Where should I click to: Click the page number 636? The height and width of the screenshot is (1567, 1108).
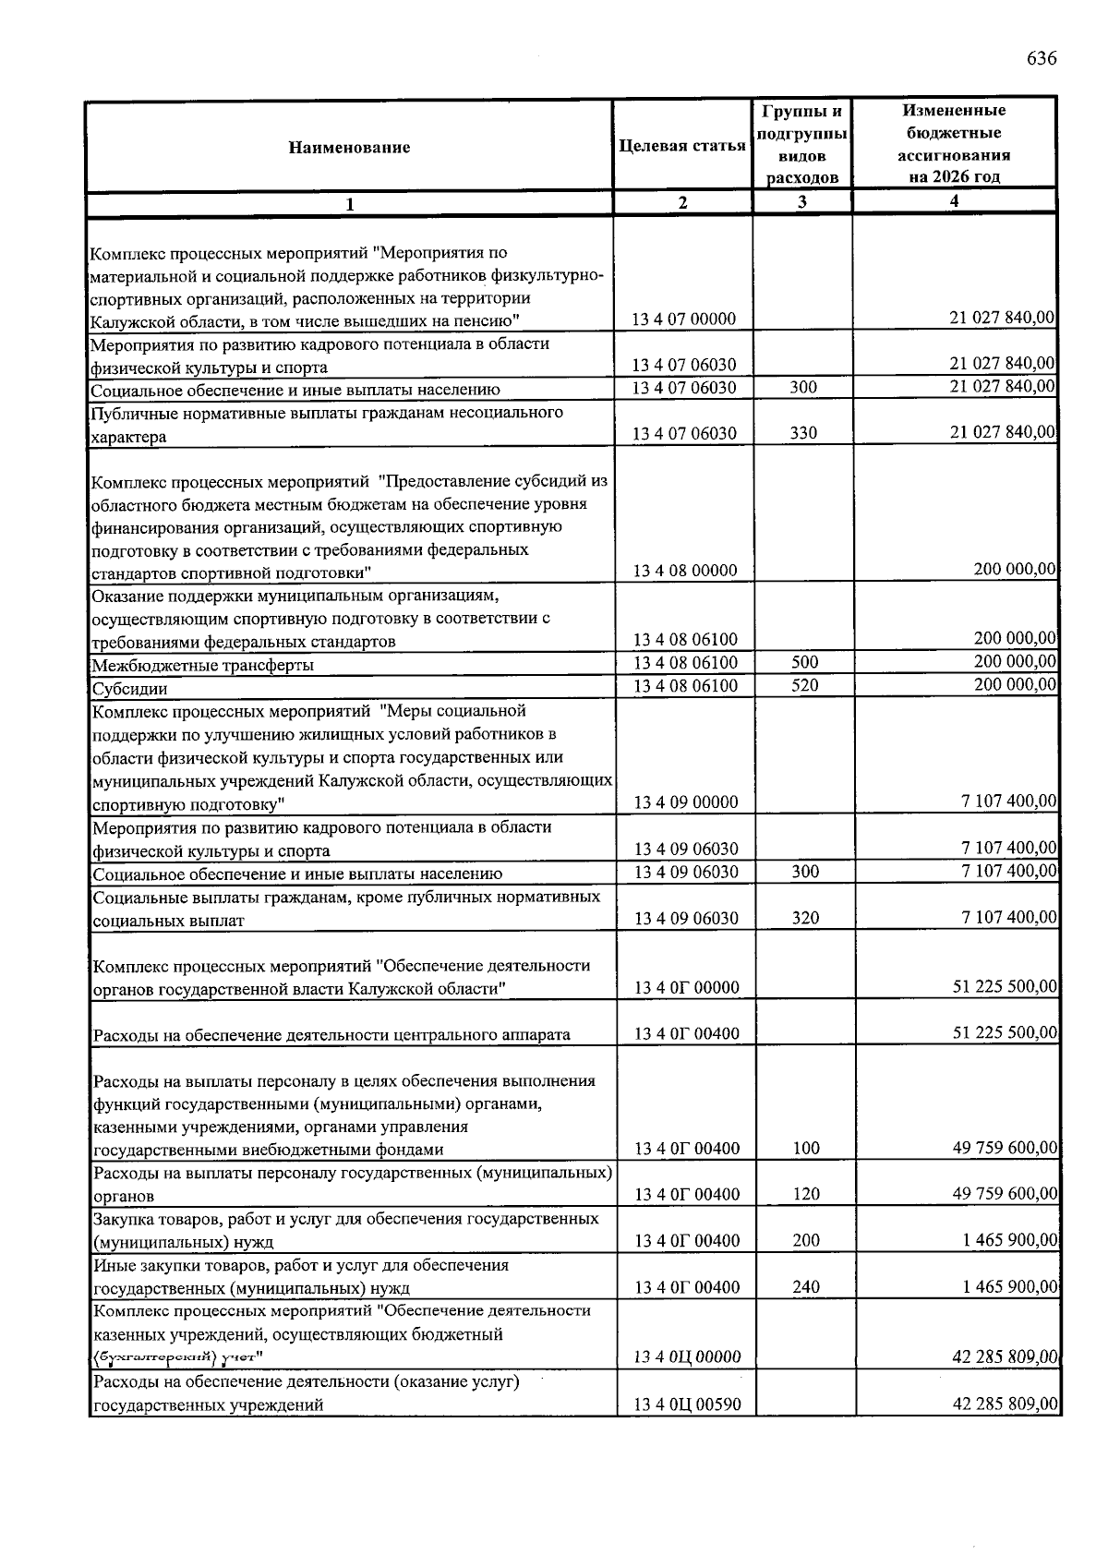tap(1041, 59)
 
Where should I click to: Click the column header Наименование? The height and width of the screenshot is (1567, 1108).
tap(349, 147)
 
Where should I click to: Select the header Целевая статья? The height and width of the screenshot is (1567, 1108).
tap(682, 146)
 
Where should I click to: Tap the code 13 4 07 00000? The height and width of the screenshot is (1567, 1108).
tap(684, 319)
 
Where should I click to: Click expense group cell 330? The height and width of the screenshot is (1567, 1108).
tap(803, 433)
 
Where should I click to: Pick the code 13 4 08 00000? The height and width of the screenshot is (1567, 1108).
tap(685, 571)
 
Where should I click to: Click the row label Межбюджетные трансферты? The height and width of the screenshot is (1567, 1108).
tap(203, 665)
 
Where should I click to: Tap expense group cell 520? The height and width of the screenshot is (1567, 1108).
tap(804, 685)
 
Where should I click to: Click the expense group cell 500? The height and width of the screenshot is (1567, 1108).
tap(804, 662)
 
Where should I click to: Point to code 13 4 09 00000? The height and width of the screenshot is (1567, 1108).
tap(685, 802)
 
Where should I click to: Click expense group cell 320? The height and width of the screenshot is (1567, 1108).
tap(804, 918)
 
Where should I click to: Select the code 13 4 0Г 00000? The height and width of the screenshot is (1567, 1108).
tap(686, 988)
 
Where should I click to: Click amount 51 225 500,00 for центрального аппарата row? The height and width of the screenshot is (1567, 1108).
tap(1005, 1033)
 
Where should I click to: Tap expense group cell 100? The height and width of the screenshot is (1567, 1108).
tap(805, 1149)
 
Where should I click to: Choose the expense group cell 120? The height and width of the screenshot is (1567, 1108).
tap(805, 1195)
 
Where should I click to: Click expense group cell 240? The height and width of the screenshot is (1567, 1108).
tap(805, 1287)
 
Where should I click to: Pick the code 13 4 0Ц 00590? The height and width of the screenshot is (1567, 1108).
tap(687, 1405)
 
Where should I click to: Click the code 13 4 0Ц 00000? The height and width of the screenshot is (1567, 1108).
tap(687, 1357)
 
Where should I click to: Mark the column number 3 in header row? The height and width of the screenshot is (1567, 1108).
tap(802, 202)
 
